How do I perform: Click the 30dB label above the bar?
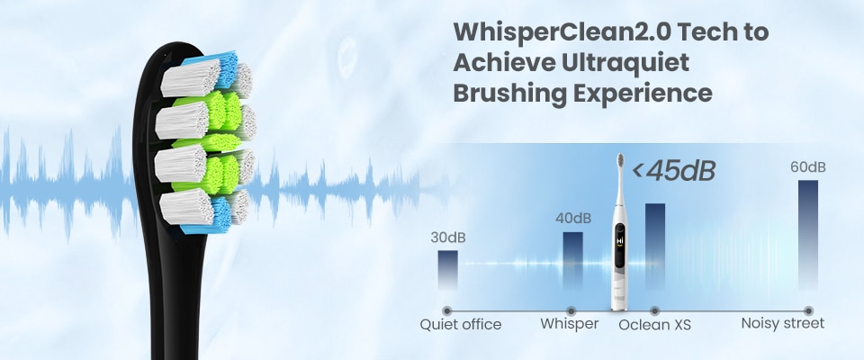448,238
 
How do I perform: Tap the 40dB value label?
573,219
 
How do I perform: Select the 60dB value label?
808,167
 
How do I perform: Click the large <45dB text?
673,171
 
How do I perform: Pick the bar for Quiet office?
447,270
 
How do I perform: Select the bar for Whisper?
572,261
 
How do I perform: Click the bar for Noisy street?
808,235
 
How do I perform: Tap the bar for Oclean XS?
654,247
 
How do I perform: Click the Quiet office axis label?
461,324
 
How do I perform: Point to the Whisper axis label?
569,324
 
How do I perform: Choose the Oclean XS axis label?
654,325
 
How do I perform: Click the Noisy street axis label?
782,323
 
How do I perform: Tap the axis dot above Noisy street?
808,310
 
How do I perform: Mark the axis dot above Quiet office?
447,310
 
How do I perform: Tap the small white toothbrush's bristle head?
620,160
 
